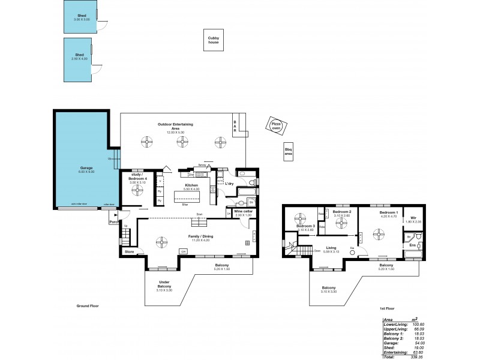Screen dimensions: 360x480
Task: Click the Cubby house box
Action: [x=213, y=40]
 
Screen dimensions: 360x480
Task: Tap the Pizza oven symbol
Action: [x=275, y=126]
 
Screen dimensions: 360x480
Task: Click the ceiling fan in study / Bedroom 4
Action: [x=139, y=190]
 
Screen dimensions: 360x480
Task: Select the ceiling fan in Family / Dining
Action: [x=162, y=242]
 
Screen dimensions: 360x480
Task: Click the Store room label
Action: [x=129, y=252]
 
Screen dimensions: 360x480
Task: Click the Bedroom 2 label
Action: [x=341, y=212]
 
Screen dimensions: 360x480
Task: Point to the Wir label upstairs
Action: [x=413, y=218]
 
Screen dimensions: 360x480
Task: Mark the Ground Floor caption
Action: [x=88, y=305]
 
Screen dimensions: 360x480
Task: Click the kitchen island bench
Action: [x=185, y=197]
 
